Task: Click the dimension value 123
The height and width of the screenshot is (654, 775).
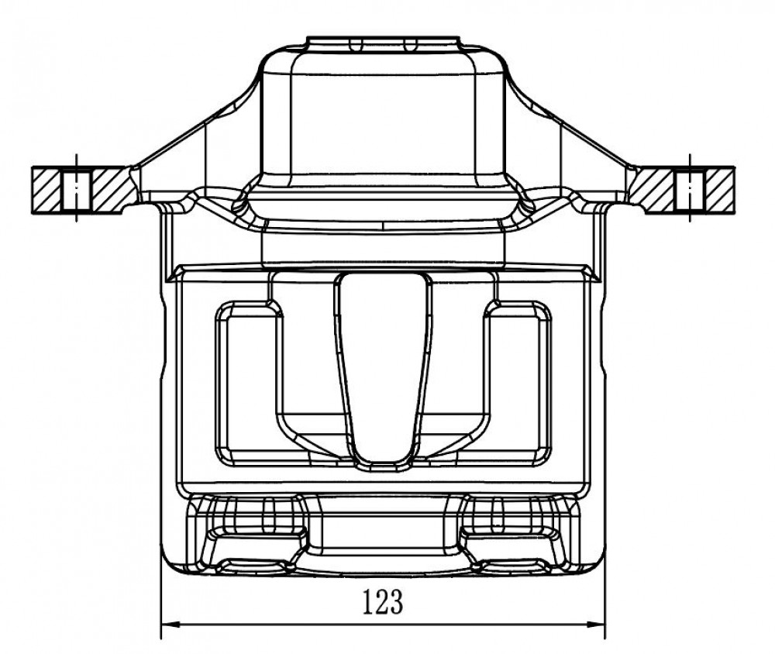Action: click(383, 601)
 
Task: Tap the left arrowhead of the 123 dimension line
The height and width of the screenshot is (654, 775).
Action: click(169, 625)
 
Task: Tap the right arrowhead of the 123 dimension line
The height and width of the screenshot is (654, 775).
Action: click(597, 625)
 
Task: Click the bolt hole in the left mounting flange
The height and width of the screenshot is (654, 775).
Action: click(76, 191)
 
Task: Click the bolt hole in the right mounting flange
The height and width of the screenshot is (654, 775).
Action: click(690, 191)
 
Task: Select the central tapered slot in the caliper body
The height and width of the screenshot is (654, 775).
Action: click(383, 368)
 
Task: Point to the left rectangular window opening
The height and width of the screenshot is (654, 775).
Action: click(247, 383)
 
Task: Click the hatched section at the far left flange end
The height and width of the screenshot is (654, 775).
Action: click(46, 191)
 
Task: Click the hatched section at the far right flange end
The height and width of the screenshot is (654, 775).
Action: click(720, 191)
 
